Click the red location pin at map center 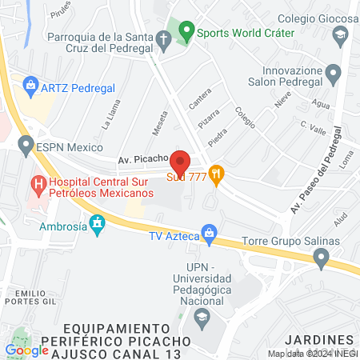[x=180, y=161]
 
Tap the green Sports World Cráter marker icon [x=186, y=33]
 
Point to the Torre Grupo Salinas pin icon [x=322, y=257]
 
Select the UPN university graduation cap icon [x=202, y=316]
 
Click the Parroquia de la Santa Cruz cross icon [x=163, y=38]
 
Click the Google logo [x=26, y=350]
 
